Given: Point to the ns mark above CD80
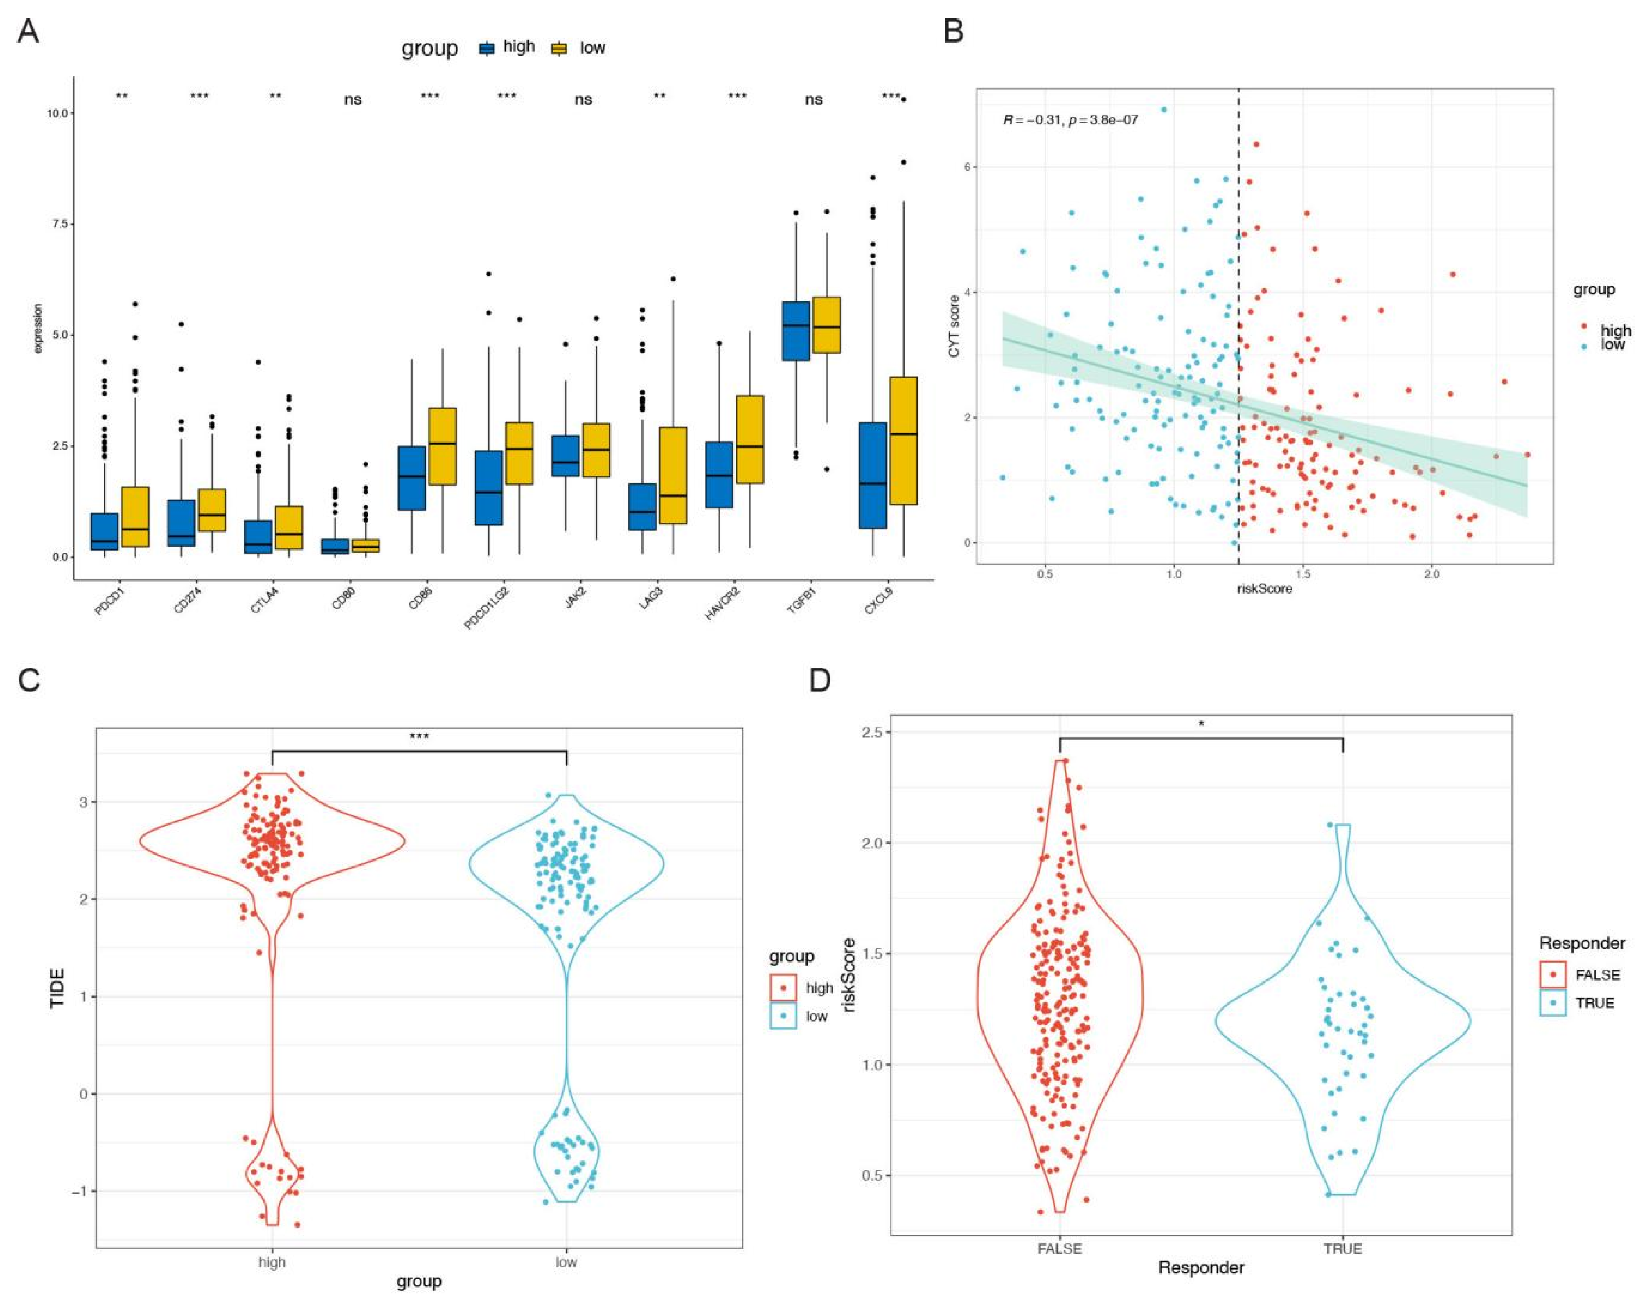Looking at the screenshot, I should point(353,100).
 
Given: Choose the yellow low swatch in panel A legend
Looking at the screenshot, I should point(560,48).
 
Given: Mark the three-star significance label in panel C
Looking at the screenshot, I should point(419,736).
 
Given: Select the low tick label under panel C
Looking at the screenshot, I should point(566,1262).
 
